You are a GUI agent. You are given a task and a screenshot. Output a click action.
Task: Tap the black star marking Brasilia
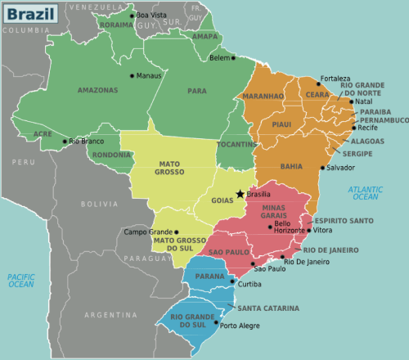point(240,194)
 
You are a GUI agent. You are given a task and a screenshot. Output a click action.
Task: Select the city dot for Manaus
point(132,75)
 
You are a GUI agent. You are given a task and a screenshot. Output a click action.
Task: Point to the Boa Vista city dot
point(131,15)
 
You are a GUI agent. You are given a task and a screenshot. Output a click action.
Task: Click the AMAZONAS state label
point(96,90)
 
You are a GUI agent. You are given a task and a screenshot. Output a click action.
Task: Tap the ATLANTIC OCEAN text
point(365,193)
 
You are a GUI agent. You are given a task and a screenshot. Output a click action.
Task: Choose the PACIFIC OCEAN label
point(21,281)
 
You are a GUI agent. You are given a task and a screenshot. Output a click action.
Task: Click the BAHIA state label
point(291,166)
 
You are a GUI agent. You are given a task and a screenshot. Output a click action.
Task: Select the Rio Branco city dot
point(65,141)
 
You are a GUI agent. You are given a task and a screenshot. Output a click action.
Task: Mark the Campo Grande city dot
point(177,232)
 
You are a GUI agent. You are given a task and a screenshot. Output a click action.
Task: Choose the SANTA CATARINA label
point(268,308)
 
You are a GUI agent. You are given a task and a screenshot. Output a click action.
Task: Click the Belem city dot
point(233,57)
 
